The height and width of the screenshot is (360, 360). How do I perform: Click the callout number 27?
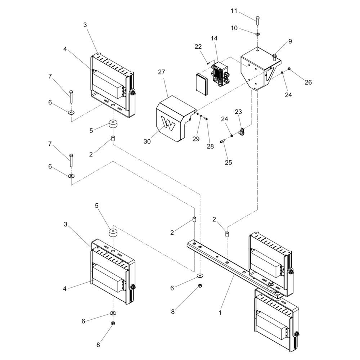pos(161,72)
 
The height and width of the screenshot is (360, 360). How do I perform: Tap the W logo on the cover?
pos(168,124)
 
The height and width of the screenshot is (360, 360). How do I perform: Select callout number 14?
pos(214,39)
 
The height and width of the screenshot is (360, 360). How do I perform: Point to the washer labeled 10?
pos(258,34)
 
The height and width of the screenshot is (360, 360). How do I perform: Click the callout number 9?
pos(290,41)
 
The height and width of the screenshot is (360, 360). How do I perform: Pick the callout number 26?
pos(308,82)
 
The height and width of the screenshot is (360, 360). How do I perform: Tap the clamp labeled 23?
pos(241,132)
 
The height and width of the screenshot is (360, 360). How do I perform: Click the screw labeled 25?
pos(222,142)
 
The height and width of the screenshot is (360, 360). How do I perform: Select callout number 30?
pos(147,141)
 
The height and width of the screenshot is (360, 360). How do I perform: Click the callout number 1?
pos(220,313)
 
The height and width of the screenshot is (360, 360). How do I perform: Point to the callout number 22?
pos(198,46)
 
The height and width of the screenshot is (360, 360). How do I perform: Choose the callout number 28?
pos(210,146)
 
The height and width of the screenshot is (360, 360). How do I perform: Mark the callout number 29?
pos(196,139)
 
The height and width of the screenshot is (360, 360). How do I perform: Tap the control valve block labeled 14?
pos(220,73)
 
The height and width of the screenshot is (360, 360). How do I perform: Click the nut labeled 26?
pos(289,69)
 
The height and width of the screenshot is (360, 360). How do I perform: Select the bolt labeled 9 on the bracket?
pos(274,57)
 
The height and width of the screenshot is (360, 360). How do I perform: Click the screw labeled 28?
pos(206,119)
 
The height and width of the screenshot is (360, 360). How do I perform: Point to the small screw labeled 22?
pos(208,63)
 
